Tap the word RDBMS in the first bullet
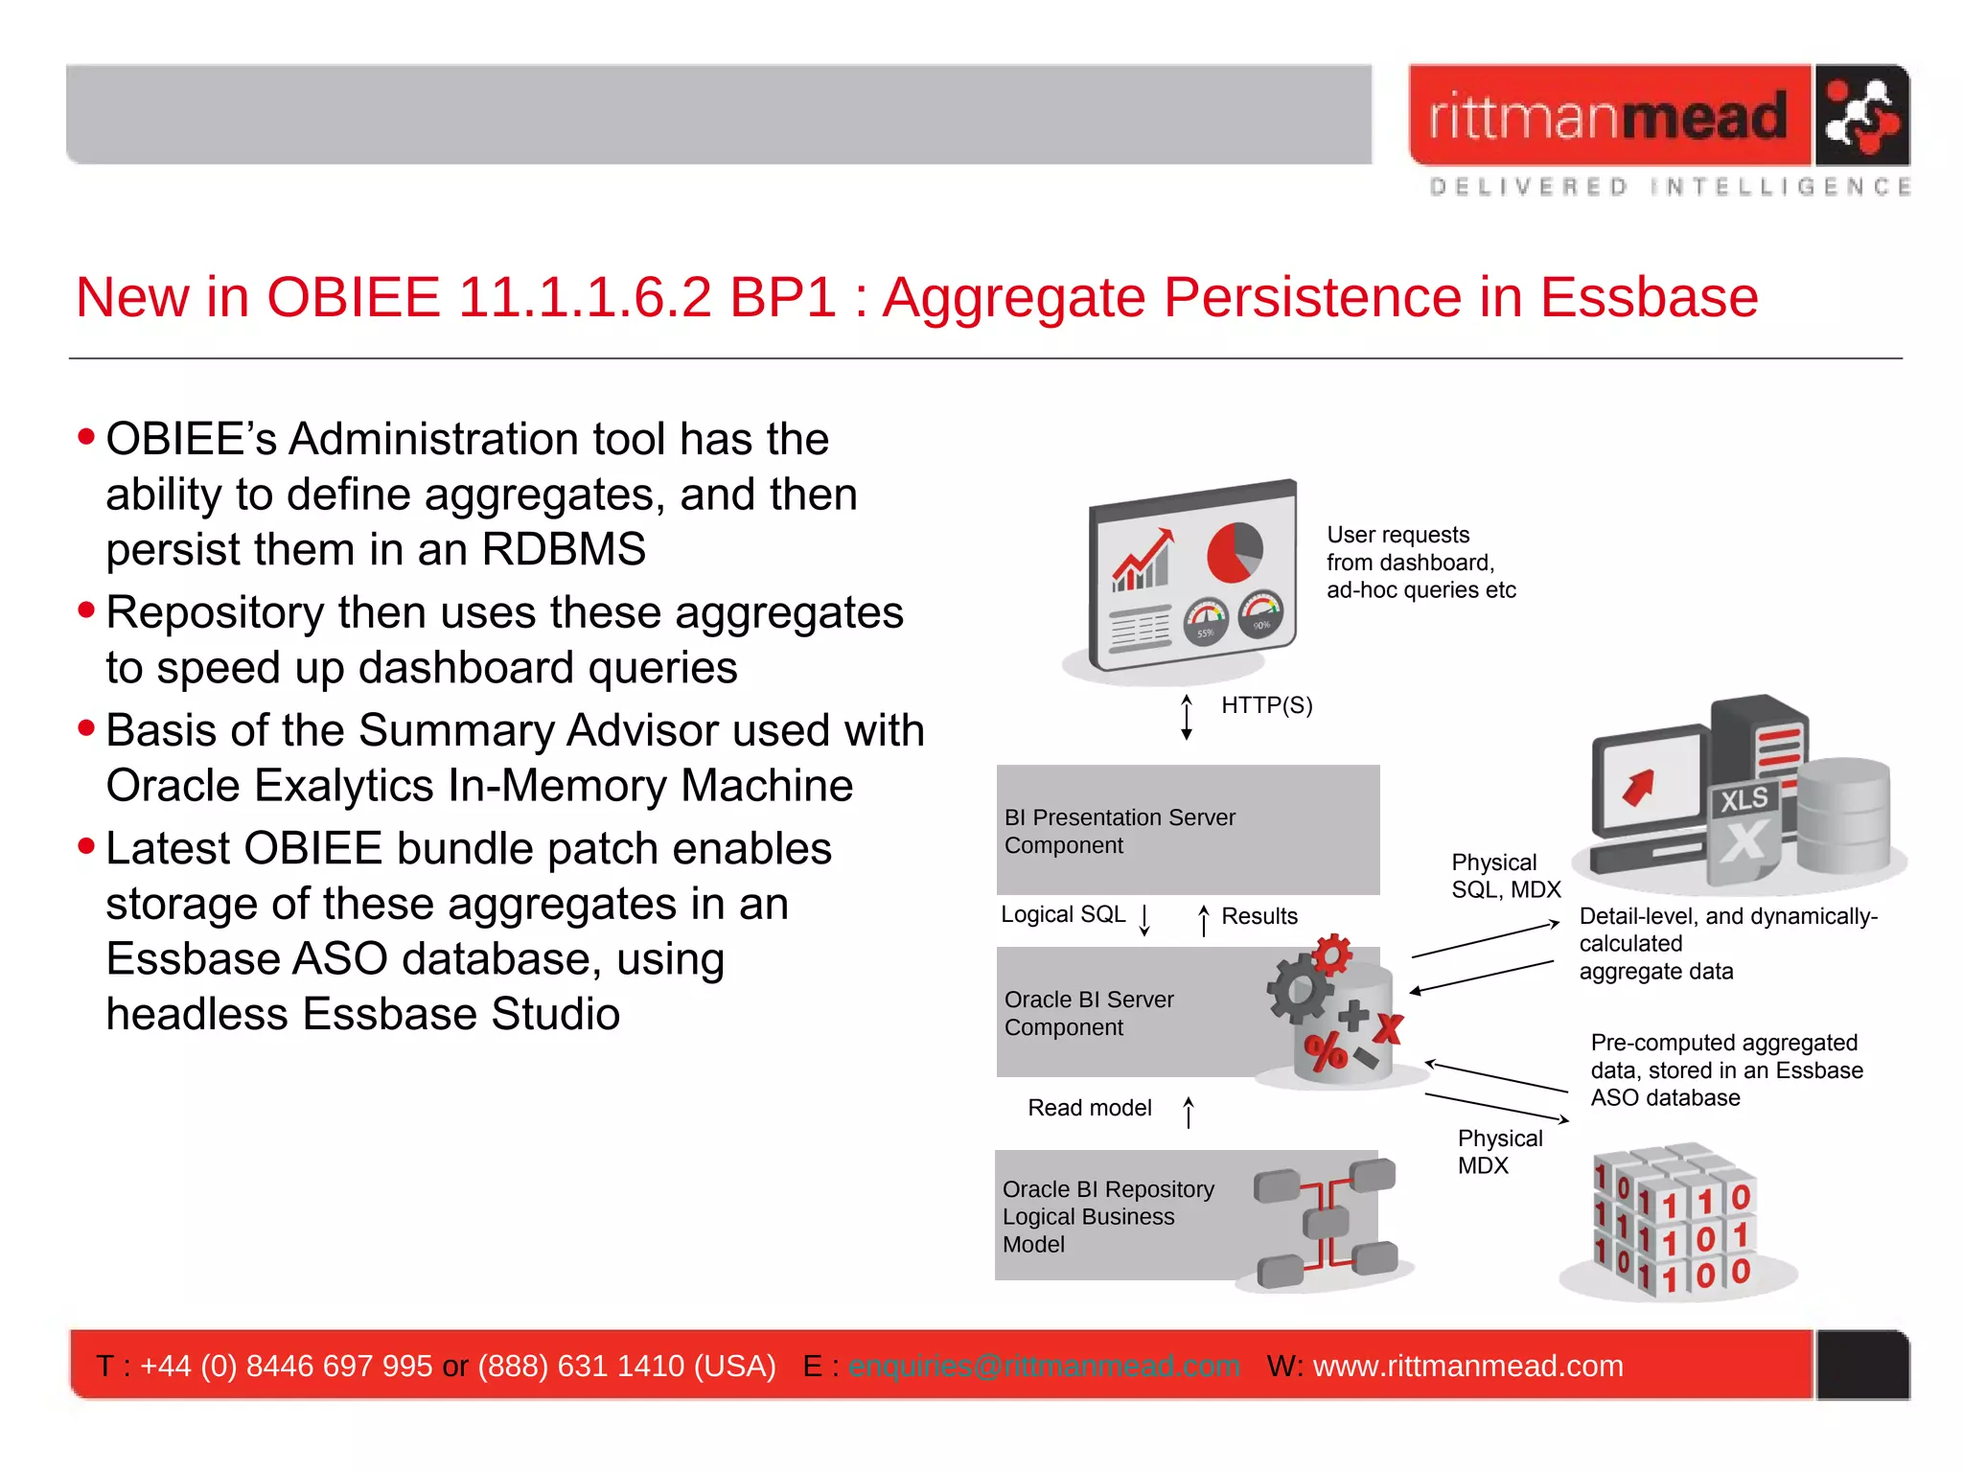tap(564, 549)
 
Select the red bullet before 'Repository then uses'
tap(87, 610)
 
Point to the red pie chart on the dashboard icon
tap(1233, 553)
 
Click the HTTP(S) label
tap(1266, 705)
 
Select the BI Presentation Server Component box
tap(1187, 830)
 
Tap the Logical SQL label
tap(1062, 914)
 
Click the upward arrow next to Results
tap(1204, 920)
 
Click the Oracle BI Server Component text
tap(1088, 1013)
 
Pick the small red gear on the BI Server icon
tap(1332, 954)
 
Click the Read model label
tap(1089, 1108)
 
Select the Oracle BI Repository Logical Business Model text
tap(1107, 1216)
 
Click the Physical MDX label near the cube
tap(1498, 1152)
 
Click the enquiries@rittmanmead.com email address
tap(1044, 1366)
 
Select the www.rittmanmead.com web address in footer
tap(1467, 1366)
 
